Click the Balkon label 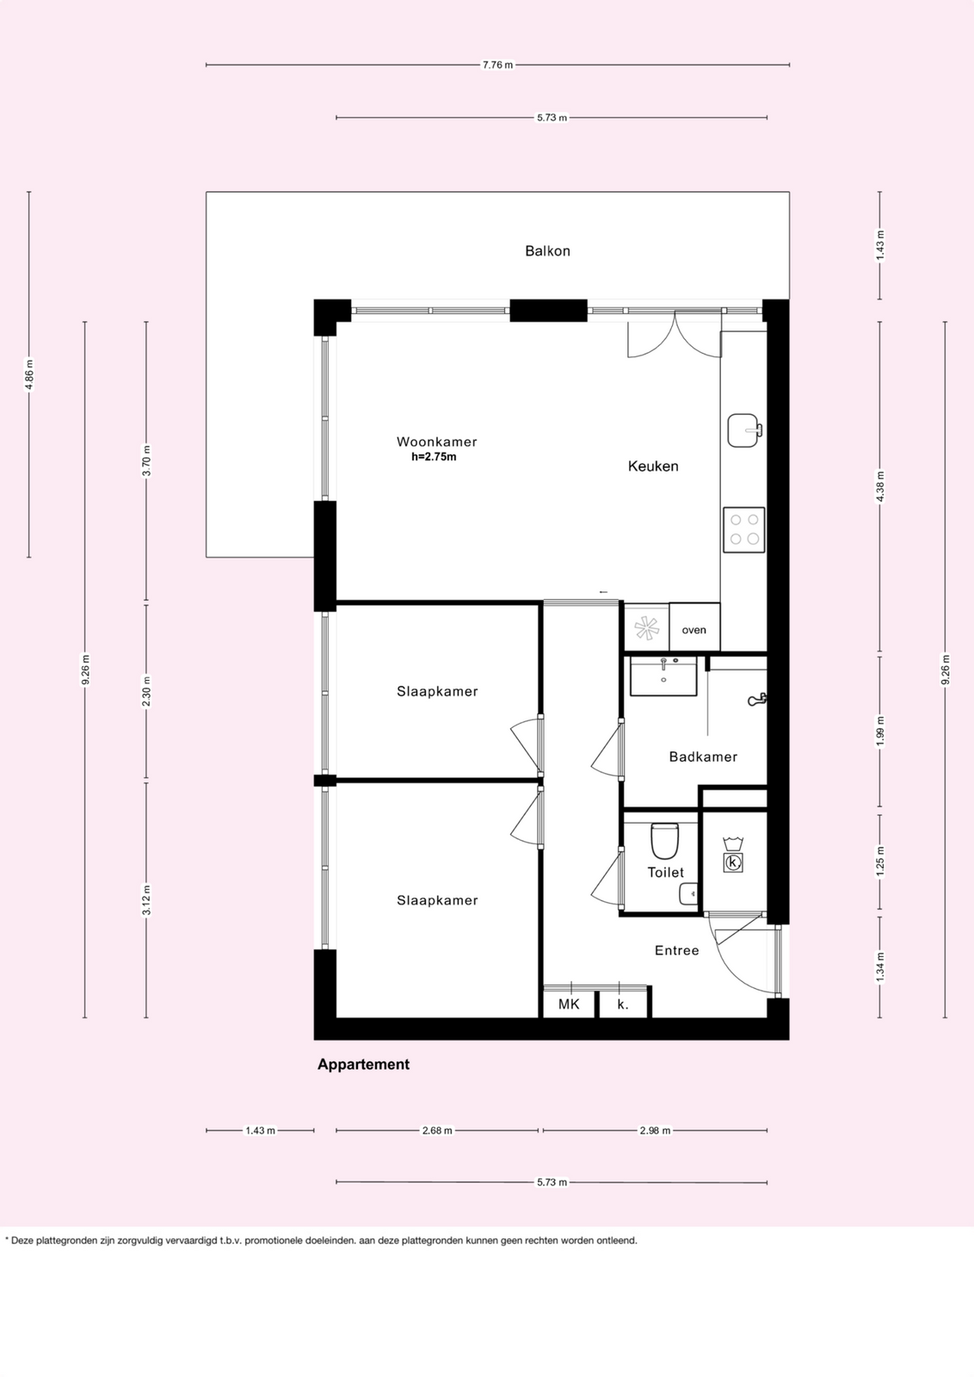(x=547, y=250)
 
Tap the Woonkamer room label (x=437, y=442)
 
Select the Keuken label (x=653, y=466)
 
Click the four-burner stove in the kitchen (x=744, y=530)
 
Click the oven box (x=694, y=627)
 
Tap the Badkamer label (x=703, y=756)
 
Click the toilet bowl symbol (x=664, y=840)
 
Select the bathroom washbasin (x=663, y=676)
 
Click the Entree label (x=676, y=950)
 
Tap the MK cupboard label (x=569, y=1003)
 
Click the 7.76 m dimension (x=497, y=65)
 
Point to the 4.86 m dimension (x=29, y=374)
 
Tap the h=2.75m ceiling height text (x=434, y=457)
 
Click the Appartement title (x=363, y=1065)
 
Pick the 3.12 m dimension (x=146, y=900)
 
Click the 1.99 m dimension (x=880, y=732)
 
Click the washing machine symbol (x=732, y=855)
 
